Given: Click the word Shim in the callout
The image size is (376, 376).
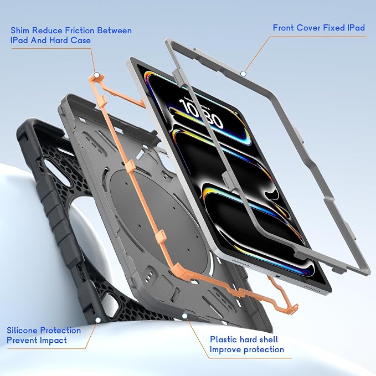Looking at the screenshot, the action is point(20,30).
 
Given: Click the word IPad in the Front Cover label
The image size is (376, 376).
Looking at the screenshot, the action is point(356,28).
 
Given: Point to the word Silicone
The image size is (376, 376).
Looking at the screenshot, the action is point(22,331).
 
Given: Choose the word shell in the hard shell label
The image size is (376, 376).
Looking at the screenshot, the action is point(268,339).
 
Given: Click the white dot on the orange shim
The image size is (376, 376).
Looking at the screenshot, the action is point(97,75).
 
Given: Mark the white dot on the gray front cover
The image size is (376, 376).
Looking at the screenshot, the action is point(243,74).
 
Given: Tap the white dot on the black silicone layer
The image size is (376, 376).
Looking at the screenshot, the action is point(98,320).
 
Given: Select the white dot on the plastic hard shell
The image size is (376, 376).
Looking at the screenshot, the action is point(184,316).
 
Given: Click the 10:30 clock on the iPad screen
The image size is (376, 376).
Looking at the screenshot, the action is point(201,114).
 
